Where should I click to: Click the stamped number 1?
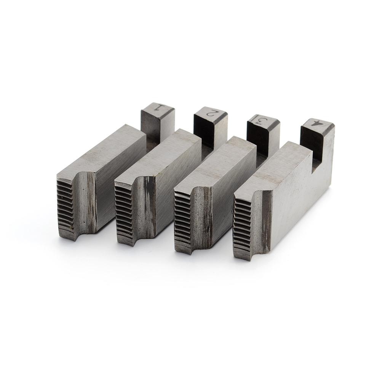160,107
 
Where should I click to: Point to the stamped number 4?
317,124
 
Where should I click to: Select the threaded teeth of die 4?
242,229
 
